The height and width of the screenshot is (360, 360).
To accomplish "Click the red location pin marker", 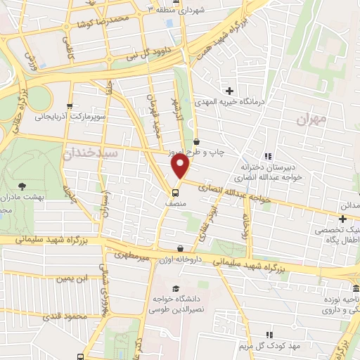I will [181, 167].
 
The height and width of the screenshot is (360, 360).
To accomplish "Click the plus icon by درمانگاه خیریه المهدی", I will [229, 90].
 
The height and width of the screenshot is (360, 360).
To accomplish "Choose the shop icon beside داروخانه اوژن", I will [181, 248].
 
